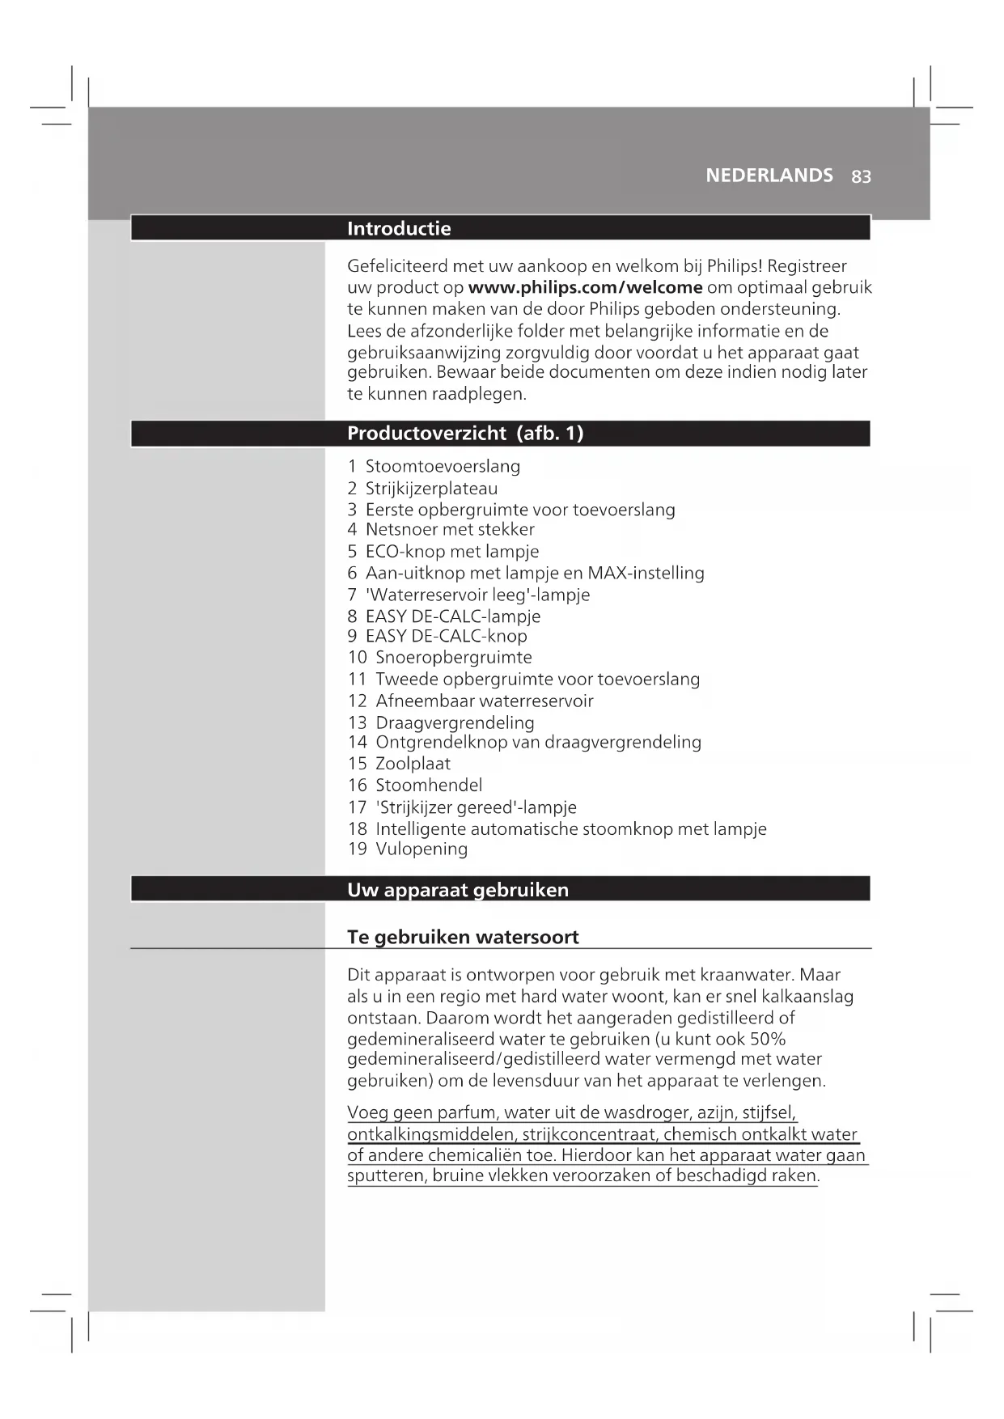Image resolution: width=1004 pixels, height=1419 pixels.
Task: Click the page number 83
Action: pyautogui.click(x=861, y=176)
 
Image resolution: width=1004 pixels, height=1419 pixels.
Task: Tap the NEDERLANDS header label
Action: pyautogui.click(x=769, y=176)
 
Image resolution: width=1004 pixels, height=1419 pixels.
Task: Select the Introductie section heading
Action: pyautogui.click(x=399, y=228)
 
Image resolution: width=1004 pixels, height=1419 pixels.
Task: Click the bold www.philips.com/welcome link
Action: pyautogui.click(x=585, y=287)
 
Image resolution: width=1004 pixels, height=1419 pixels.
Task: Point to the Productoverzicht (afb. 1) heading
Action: pyautogui.click(x=465, y=434)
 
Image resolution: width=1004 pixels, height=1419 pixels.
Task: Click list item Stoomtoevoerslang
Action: pyautogui.click(x=443, y=466)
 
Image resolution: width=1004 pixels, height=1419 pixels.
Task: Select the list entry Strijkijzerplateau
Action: pyautogui.click(x=431, y=489)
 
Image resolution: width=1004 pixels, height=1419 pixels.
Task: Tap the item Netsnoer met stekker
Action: pyautogui.click(x=450, y=530)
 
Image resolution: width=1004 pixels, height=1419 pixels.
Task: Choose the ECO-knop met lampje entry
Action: pyautogui.click(x=451, y=552)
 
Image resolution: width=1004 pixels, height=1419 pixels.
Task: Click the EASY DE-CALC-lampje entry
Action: pyautogui.click(x=452, y=616)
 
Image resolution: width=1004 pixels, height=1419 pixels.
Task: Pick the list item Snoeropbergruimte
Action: pyautogui.click(x=453, y=658)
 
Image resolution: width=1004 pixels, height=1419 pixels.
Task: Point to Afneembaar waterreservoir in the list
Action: pyautogui.click(x=484, y=701)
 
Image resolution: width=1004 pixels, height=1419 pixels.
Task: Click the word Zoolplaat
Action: pyautogui.click(x=413, y=764)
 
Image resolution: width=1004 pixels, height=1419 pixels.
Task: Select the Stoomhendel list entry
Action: pyautogui.click(x=429, y=786)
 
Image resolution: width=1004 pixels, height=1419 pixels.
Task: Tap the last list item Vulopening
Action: pyautogui.click(x=422, y=849)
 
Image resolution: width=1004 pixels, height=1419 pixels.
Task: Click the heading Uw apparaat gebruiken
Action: pyautogui.click(x=458, y=890)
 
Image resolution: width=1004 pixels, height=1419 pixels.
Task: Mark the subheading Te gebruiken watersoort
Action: pyautogui.click(x=463, y=937)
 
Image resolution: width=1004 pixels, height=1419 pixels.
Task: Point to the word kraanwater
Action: pyautogui.click(x=748, y=975)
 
